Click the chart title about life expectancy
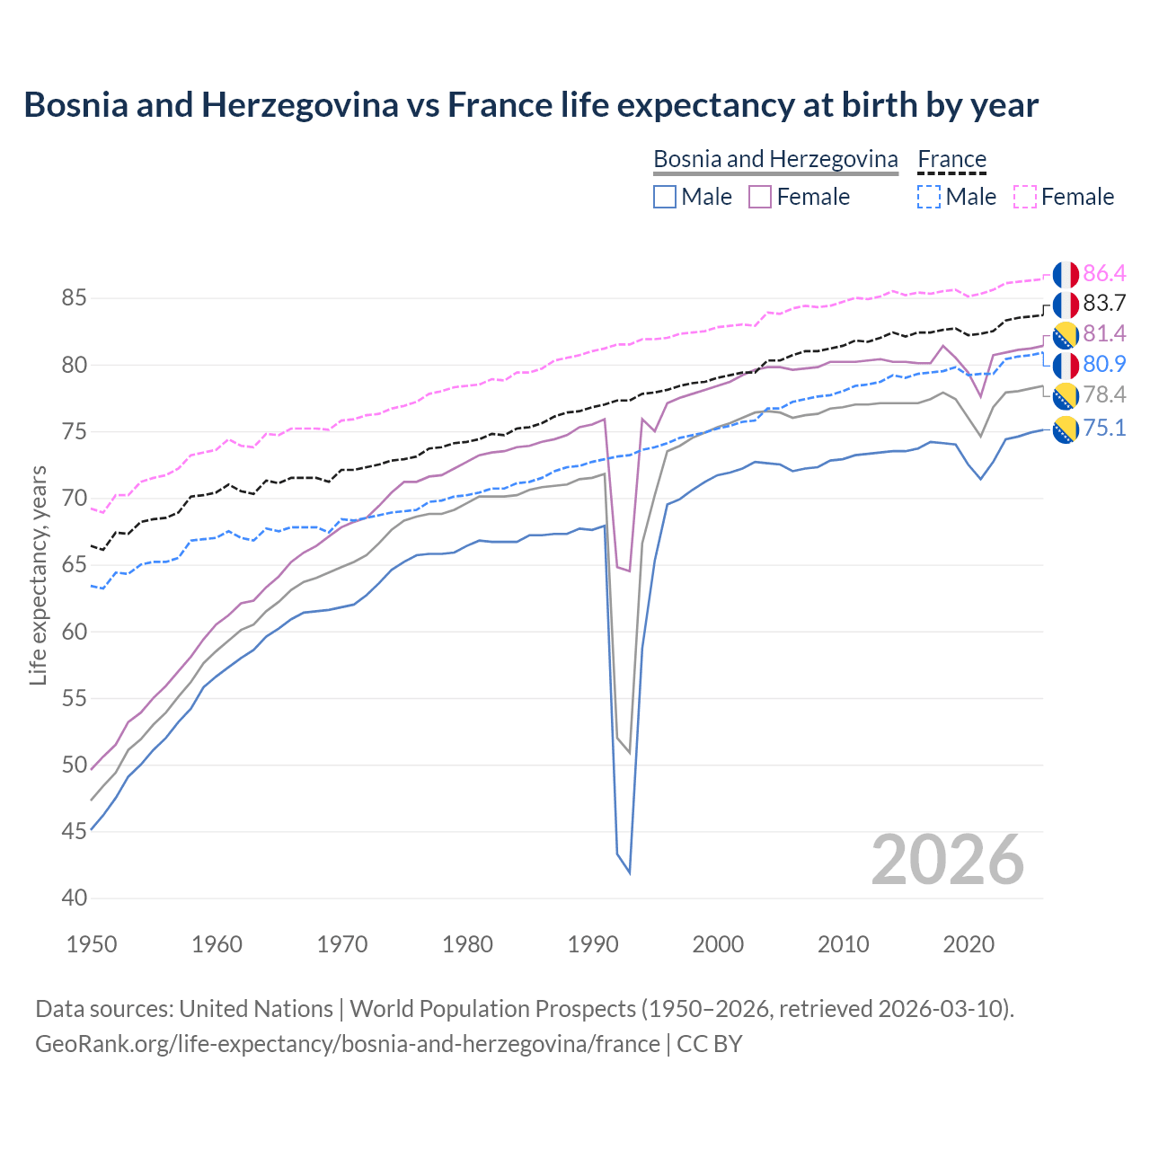(x=531, y=105)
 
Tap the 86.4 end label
(x=1104, y=273)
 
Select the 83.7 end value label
(x=1104, y=304)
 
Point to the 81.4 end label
(x=1104, y=334)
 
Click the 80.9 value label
(x=1104, y=365)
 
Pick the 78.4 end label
(x=1104, y=395)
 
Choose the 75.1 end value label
(x=1104, y=428)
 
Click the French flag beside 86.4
(x=1066, y=274)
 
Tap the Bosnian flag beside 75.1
(x=1066, y=429)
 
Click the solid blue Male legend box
(x=665, y=197)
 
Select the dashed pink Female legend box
(x=1025, y=197)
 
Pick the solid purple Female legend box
(x=760, y=197)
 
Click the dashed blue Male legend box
(x=929, y=197)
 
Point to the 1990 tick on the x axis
(x=593, y=944)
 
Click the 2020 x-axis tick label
(x=969, y=944)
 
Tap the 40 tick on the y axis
(x=75, y=898)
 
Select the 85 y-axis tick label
(x=75, y=298)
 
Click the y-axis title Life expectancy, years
(x=39, y=575)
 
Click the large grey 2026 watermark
(x=948, y=861)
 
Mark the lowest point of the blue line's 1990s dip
(x=629, y=872)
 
